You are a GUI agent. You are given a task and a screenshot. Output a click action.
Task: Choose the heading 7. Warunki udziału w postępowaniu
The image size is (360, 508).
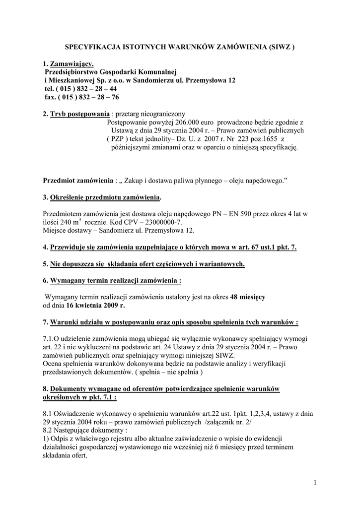point(170,322)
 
